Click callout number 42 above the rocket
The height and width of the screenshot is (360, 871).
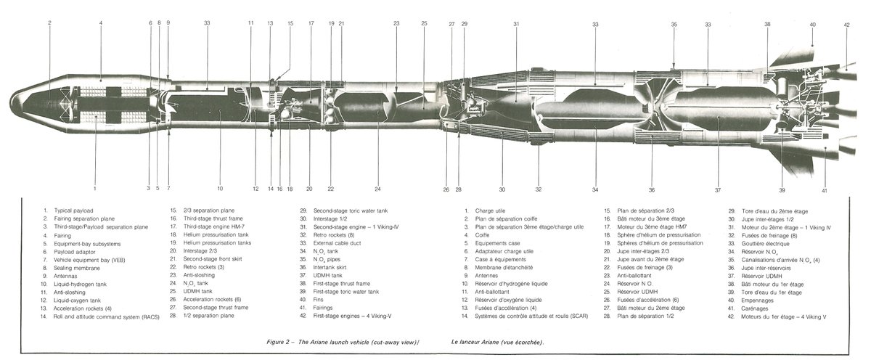tap(846, 25)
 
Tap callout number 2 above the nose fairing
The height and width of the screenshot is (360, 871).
tap(49, 23)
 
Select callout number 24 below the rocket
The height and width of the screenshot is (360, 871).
tap(377, 189)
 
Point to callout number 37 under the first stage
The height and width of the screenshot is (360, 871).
tap(717, 190)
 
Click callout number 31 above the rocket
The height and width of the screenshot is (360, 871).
tap(516, 24)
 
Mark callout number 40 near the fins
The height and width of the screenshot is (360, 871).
tap(812, 25)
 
